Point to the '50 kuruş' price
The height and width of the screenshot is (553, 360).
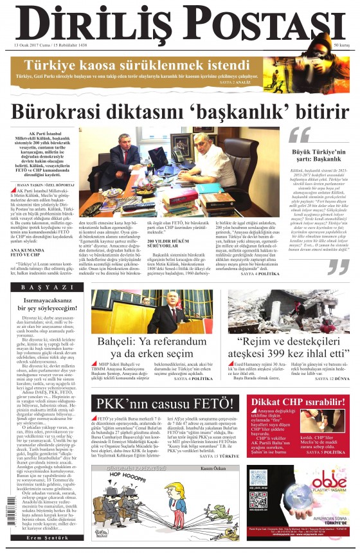340,46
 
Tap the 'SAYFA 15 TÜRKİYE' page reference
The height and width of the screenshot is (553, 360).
218,455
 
